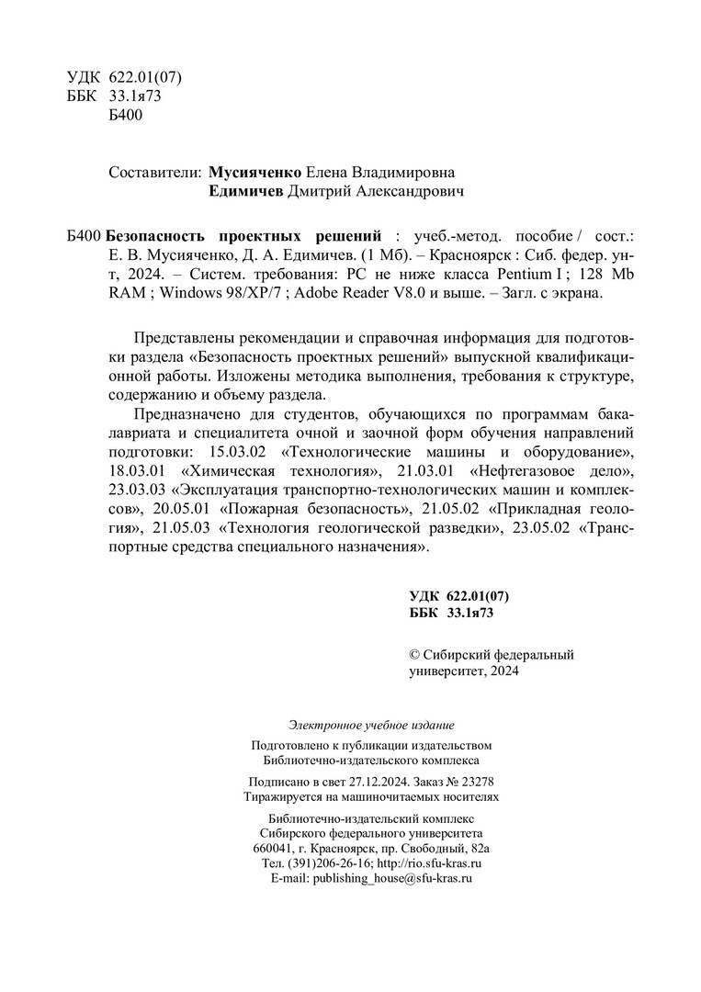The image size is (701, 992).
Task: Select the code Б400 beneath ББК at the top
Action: pos(125,114)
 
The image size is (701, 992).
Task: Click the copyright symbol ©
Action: pos(413,655)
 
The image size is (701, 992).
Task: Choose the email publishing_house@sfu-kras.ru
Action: pos(392,879)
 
